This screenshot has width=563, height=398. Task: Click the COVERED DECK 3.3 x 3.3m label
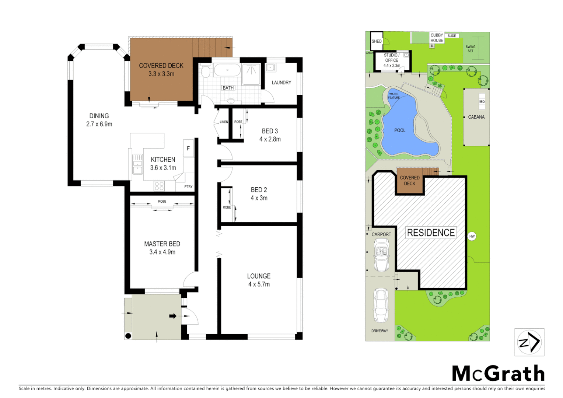(x=161, y=70)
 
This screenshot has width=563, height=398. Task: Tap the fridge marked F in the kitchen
(x=188, y=149)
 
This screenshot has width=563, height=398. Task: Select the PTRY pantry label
(x=188, y=186)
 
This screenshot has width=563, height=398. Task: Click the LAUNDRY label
(x=281, y=83)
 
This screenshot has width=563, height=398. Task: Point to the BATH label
(x=228, y=88)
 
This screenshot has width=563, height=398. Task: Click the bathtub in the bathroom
(x=227, y=70)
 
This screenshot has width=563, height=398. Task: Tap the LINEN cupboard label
(x=224, y=122)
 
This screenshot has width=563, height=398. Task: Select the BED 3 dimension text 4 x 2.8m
(x=270, y=139)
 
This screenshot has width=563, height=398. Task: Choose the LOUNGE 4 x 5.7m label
(x=259, y=280)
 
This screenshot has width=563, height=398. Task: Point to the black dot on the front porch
(x=128, y=336)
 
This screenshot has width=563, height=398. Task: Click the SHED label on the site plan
(x=377, y=41)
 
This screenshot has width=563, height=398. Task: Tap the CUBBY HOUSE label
(x=437, y=38)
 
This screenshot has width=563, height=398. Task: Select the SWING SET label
(x=471, y=49)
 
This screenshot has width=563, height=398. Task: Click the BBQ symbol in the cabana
(x=482, y=102)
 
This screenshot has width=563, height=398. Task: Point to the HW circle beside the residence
(x=472, y=236)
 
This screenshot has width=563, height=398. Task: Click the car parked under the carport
(x=381, y=254)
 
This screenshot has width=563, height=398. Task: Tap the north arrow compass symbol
(x=529, y=342)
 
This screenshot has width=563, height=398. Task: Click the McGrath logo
(x=498, y=374)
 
